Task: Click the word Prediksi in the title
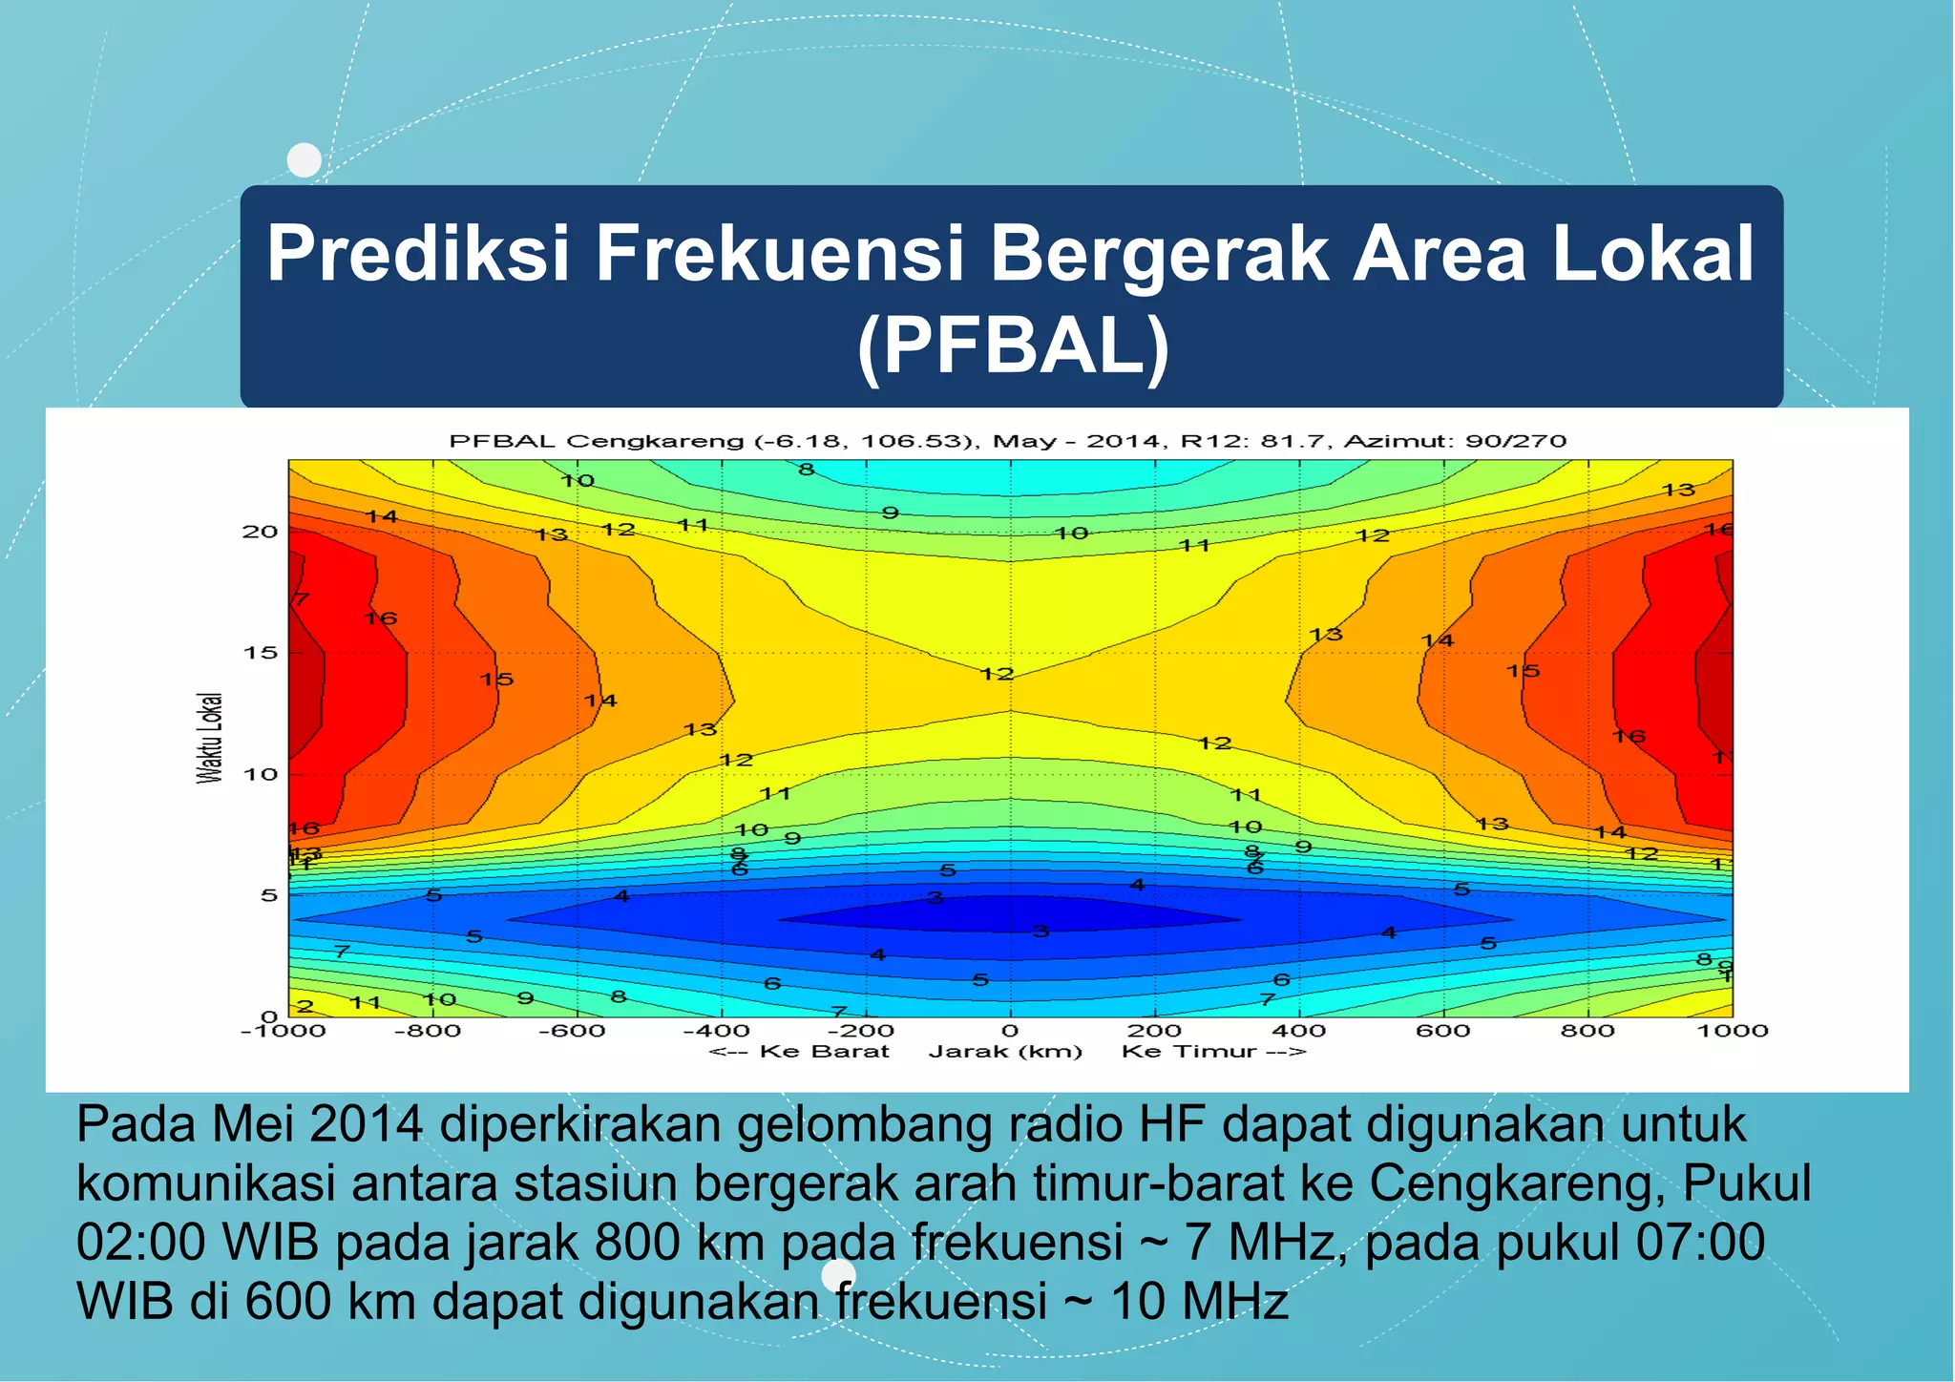point(418,254)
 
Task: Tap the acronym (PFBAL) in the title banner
point(1013,346)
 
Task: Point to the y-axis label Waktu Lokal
point(210,738)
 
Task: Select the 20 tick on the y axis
point(260,532)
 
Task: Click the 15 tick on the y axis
point(260,653)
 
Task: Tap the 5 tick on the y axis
point(268,895)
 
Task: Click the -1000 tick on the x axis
point(283,1031)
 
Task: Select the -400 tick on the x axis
point(716,1031)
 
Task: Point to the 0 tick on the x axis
point(1010,1031)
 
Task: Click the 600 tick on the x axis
point(1442,1031)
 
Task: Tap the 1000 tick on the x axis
point(1732,1031)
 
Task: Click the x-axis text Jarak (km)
point(1005,1052)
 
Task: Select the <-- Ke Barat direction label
point(799,1052)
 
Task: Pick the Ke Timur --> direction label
point(1213,1052)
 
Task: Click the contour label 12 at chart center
point(997,674)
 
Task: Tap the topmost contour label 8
point(807,470)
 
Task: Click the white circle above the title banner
point(305,160)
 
